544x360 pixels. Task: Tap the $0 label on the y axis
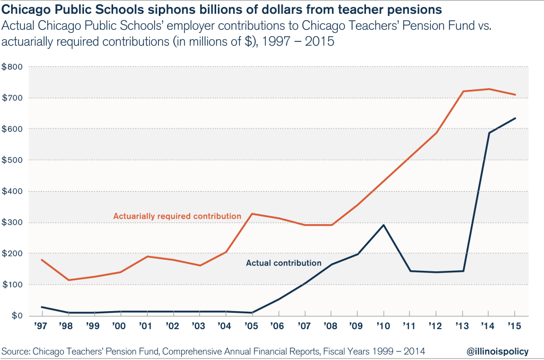point(13,316)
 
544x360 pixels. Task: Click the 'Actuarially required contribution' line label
point(177,216)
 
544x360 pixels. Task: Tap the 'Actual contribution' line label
point(283,263)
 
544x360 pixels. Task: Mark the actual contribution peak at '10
point(384,225)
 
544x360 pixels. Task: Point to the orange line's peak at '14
point(489,89)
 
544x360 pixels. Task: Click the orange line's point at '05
point(252,214)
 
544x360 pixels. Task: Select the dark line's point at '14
point(489,133)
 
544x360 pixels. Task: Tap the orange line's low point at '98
point(68,280)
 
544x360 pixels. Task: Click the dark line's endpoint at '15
point(515,118)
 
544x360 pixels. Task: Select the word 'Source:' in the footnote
point(16,350)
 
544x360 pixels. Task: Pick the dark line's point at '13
point(463,271)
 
